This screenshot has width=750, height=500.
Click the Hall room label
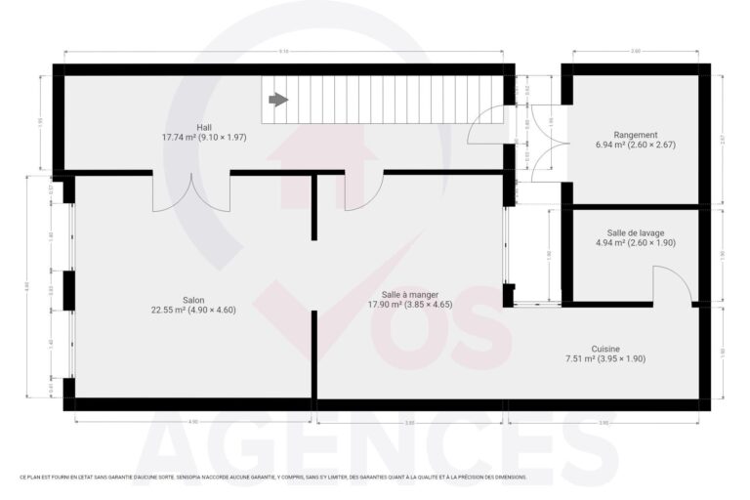pyautogui.click(x=204, y=128)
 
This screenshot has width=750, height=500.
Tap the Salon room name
pyautogui.click(x=193, y=300)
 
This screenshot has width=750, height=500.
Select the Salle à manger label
pyautogui.click(x=410, y=294)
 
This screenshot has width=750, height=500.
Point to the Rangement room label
pyautogui.click(x=635, y=135)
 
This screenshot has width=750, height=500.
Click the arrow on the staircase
pyautogui.click(x=279, y=100)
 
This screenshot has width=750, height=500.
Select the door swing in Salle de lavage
pyautogui.click(x=673, y=285)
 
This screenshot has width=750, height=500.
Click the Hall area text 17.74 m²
pyautogui.click(x=182, y=138)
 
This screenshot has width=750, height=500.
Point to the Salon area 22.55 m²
pyautogui.click(x=170, y=310)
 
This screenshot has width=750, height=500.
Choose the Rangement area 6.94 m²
pyautogui.click(x=614, y=145)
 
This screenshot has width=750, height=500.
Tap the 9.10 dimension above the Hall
pyautogui.click(x=283, y=51)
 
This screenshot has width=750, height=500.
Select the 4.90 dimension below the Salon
pyautogui.click(x=192, y=422)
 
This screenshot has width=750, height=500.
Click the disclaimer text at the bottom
pyautogui.click(x=272, y=478)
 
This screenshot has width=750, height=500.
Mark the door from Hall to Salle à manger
pyautogui.click(x=363, y=190)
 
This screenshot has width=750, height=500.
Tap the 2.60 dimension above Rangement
pyautogui.click(x=635, y=51)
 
